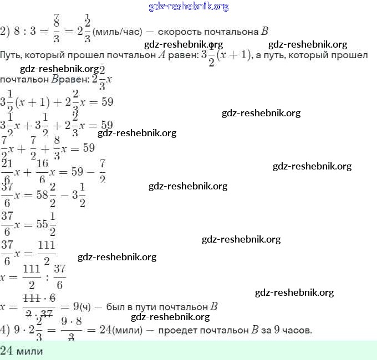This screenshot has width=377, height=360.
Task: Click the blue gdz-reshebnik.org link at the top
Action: click(188, 7)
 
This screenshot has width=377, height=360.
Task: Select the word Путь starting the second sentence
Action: click(12, 55)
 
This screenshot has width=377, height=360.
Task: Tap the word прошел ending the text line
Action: click(351, 55)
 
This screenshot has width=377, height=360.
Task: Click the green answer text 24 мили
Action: click(22, 351)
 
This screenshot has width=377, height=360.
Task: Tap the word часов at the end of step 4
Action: click(298, 330)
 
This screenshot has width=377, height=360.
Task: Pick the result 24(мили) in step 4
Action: click(125, 330)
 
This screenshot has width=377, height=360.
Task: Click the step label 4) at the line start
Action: click(5, 330)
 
